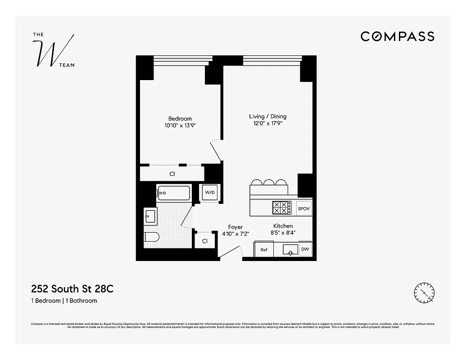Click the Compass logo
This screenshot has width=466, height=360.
point(397,36)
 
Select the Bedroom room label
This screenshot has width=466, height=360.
point(180,119)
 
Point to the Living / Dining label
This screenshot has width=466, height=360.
point(267,117)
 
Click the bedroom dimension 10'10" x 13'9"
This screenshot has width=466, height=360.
point(180,126)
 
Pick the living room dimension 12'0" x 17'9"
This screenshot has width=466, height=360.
point(267,123)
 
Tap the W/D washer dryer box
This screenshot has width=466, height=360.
point(210,193)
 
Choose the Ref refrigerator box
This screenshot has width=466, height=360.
point(264,249)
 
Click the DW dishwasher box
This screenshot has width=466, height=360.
point(305,249)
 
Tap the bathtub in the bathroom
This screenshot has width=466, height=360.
point(173,193)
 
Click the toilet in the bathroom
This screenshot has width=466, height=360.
point(151,237)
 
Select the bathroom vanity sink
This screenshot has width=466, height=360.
point(150,216)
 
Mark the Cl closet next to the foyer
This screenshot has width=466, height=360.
point(205,241)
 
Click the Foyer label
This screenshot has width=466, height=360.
point(235,227)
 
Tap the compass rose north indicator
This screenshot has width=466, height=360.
point(424,293)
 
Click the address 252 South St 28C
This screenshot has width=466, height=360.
point(72,288)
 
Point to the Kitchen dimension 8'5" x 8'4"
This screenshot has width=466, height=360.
point(283,233)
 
